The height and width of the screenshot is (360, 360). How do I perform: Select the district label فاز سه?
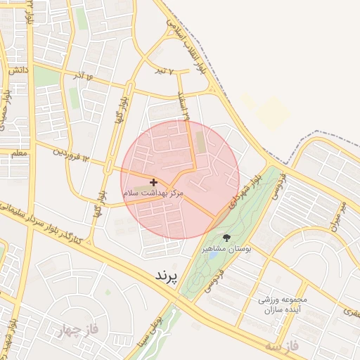[283, 346]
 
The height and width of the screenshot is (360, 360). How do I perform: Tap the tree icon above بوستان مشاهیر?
[226, 237]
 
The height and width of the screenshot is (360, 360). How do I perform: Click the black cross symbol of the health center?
[154, 182]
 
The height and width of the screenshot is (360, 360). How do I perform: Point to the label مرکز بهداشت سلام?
[153, 192]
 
